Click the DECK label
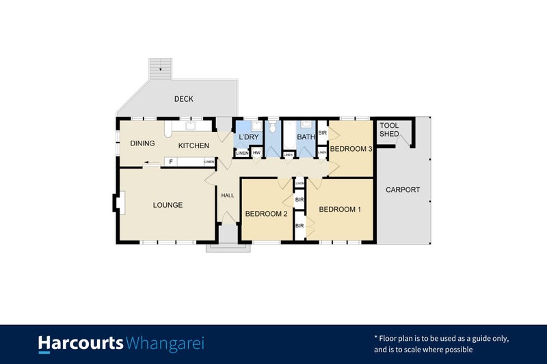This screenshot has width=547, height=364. tap(183, 99)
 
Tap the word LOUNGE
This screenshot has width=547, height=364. tap(168, 205)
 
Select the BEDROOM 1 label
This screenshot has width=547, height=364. tap(340, 209)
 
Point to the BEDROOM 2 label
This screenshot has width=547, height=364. tap(266, 214)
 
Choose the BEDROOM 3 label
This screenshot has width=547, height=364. tap(351, 149)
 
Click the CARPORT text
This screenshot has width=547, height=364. tap(403, 190)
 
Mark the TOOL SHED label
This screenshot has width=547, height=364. tap(389, 130)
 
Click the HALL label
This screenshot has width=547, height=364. tap(227, 195)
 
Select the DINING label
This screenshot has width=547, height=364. tap(142, 143)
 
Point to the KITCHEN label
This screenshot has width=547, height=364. tap(194, 145)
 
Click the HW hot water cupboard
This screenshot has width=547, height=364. tap(256, 153)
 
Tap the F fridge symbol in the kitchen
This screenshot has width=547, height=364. tap(170, 162)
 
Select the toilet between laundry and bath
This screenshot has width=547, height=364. tap(272, 127)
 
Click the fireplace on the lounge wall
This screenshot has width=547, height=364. tap(117, 204)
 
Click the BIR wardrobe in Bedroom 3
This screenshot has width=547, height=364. tap(322, 133)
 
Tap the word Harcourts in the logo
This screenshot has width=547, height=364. tap(81, 343)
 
